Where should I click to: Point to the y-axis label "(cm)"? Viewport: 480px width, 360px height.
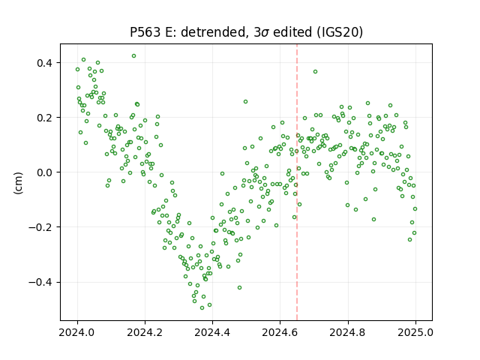18,183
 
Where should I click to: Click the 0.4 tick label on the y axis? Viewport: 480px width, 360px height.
45,63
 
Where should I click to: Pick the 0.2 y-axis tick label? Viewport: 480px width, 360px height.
45,118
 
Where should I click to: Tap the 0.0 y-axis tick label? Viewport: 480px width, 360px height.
45,172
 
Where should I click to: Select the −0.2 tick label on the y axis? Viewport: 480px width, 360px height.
40,227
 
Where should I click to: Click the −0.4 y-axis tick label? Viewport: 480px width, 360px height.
40,282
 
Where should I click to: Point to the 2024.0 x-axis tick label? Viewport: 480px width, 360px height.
77,332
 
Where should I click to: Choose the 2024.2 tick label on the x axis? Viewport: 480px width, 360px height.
145,332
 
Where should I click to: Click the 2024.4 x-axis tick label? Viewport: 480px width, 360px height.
212,332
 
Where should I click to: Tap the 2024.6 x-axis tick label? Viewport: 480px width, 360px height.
280,332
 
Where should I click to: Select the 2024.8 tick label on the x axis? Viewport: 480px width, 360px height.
348,332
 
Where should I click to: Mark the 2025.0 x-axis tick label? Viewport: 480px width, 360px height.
415,332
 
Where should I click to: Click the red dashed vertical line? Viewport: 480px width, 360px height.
297,182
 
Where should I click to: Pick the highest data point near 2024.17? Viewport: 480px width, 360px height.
133,56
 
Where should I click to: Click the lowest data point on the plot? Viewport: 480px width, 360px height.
202,307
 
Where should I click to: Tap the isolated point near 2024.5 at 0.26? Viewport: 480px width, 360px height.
245,102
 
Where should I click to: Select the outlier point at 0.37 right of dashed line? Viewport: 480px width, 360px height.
315,72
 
